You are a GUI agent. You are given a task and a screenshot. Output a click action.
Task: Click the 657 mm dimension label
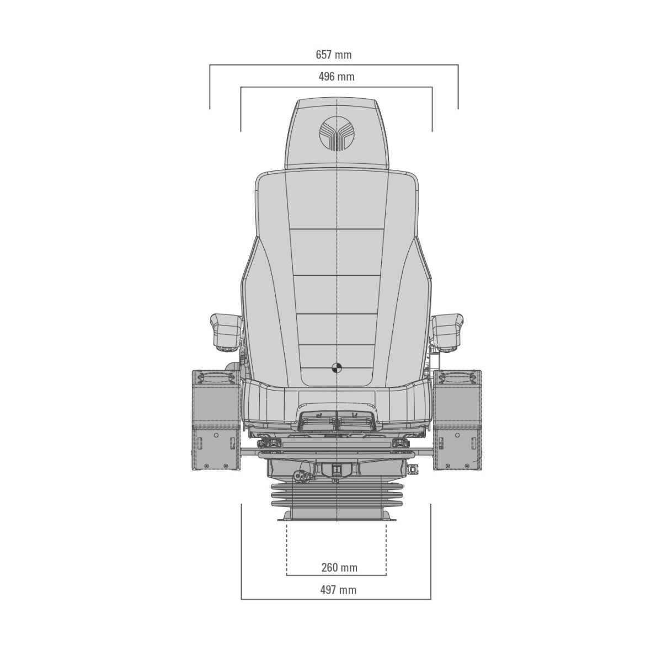[x=333, y=55]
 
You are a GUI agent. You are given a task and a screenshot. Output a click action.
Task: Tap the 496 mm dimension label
[x=336, y=76]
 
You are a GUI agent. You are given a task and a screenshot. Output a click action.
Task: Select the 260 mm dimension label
[x=339, y=567]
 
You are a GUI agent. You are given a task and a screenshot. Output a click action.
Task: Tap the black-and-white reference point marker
[x=337, y=367]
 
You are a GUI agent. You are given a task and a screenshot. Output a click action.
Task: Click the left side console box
[x=216, y=420]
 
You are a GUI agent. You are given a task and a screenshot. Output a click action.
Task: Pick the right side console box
[x=457, y=420]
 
